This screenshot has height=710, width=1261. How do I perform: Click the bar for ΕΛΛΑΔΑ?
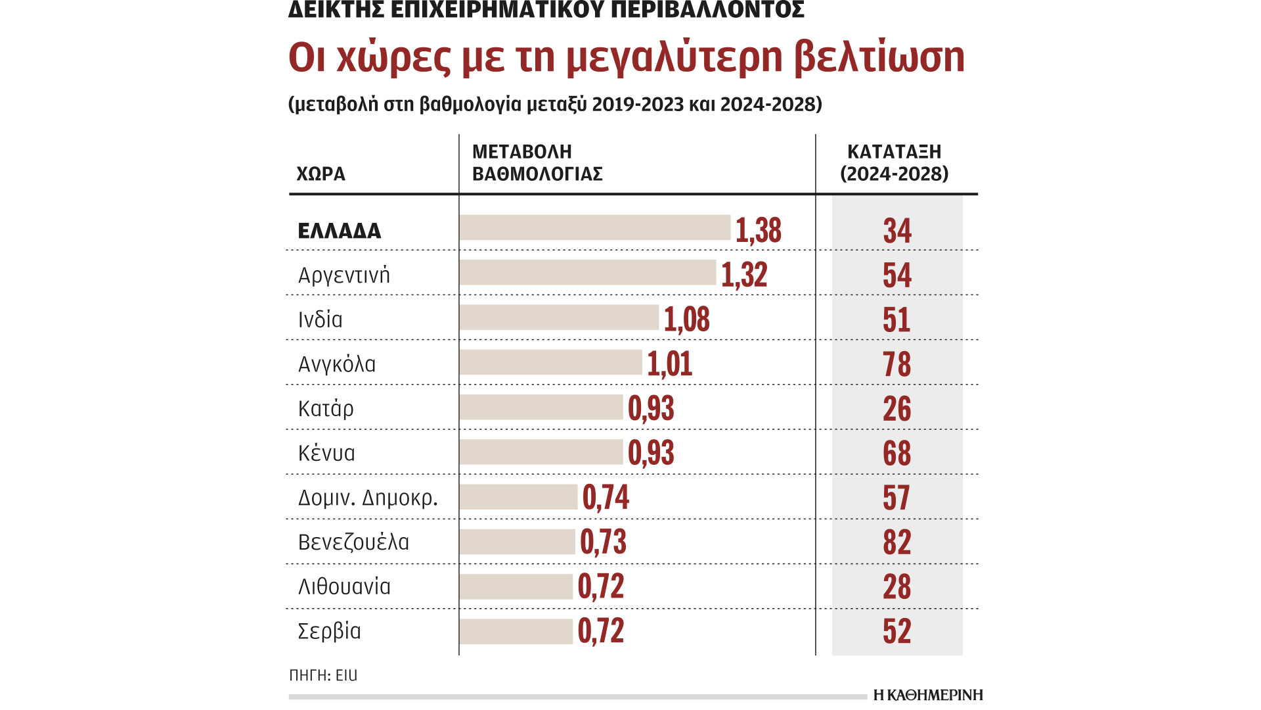[594, 227]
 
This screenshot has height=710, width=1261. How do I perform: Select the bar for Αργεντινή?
[587, 272]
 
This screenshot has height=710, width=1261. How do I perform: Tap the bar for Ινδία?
[558, 317]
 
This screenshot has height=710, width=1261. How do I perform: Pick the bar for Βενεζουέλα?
[517, 542]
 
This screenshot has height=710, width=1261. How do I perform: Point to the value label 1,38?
[758, 230]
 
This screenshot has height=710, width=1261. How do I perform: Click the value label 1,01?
[669, 364]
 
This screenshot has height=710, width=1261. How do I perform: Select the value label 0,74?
[605, 498]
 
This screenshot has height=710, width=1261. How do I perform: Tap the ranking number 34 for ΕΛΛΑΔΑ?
[896, 231]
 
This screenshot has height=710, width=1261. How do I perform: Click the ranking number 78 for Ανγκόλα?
[896, 364]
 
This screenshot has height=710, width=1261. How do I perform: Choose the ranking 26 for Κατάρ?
[896, 409]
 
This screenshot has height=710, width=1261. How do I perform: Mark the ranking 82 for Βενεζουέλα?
[896, 542]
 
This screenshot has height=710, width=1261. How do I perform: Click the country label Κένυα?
[326, 453]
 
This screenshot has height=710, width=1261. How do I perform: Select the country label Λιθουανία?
[344, 586]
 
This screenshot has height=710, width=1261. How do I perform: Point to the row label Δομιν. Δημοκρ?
[368, 498]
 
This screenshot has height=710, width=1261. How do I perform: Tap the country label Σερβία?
[329, 631]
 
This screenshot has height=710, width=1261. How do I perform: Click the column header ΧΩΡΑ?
[321, 174]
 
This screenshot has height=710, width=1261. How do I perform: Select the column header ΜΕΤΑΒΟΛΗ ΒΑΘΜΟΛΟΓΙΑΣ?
[537, 162]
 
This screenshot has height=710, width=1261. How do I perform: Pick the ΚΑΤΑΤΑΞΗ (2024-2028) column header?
[894, 162]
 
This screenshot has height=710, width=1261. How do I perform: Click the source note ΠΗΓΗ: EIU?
[323, 675]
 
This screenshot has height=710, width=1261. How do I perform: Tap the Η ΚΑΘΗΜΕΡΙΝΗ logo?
[927, 695]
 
